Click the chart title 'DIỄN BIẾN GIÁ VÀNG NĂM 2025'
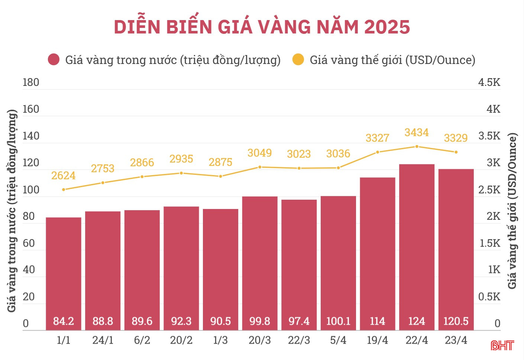(262, 27)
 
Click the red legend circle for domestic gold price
(54, 60)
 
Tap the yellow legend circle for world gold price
(298, 60)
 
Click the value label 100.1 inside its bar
(338, 321)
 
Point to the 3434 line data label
(417, 132)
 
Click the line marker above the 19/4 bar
(378, 152)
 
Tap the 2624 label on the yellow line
(63, 176)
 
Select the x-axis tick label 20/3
(259, 340)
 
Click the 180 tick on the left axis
(31, 82)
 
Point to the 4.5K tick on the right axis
(489, 82)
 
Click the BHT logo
(502, 345)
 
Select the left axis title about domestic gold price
(12, 210)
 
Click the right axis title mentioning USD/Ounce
(512, 210)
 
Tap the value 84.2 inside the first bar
(64, 321)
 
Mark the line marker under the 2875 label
(220, 176)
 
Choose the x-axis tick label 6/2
(142, 340)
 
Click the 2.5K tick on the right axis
(489, 190)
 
